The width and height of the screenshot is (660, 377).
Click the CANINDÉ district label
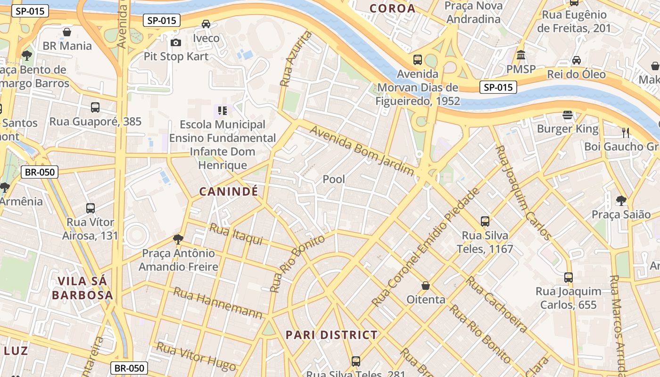pos(229,191)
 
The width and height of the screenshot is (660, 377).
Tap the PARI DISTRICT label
pos(331,335)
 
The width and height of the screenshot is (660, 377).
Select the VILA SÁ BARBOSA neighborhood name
pos(82,288)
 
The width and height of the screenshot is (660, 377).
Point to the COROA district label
pos(392,8)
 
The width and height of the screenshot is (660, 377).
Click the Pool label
pos(334,179)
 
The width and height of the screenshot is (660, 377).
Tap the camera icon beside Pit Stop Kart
pos(176,43)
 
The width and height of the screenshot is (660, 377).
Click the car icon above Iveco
pos(206,24)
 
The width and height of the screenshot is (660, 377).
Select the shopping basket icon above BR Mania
pos(67,32)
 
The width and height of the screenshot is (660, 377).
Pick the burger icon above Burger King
pos(568,115)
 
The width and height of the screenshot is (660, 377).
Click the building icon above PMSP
pos(521,56)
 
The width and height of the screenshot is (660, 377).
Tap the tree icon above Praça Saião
pos(621,201)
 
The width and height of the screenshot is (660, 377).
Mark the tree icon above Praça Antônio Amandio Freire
pos(178,239)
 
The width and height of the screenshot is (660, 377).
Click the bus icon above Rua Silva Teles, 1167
pos(485,221)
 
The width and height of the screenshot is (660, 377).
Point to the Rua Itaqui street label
pos(235,234)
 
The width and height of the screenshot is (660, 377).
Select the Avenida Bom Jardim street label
pos(362,150)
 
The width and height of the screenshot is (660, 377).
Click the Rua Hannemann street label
pos(218,303)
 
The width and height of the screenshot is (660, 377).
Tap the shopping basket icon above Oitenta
pos(426,286)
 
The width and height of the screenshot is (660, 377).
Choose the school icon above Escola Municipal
pos(223,111)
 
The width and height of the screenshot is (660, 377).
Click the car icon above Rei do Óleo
pos(576,60)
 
